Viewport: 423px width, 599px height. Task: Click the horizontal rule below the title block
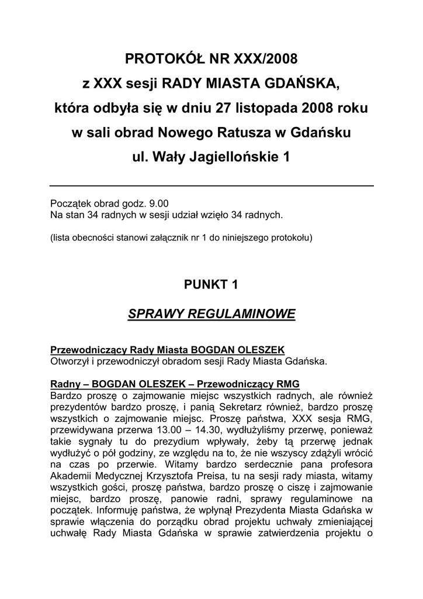tap(211, 186)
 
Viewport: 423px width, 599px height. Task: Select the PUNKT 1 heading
tap(211, 285)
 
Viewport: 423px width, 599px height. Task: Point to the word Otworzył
tap(70, 361)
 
